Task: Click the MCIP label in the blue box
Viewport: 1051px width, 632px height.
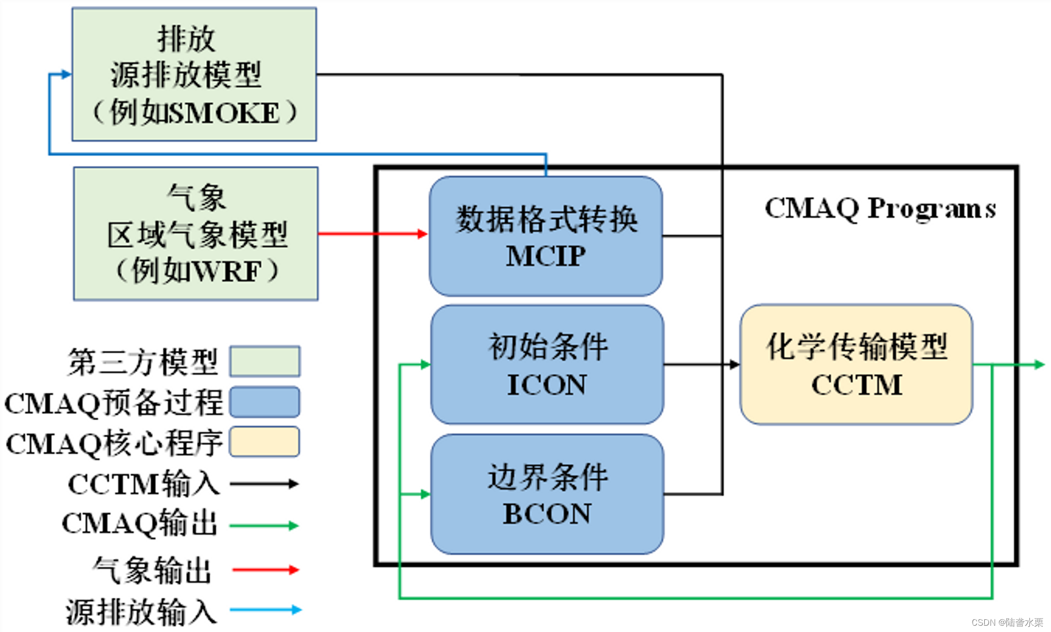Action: (x=545, y=257)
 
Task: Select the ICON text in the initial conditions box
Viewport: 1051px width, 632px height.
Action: (x=547, y=385)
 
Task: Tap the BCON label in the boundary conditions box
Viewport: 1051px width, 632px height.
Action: (x=547, y=514)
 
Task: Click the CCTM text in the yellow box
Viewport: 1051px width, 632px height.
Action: (x=857, y=385)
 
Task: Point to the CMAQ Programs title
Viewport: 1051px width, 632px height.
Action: (x=880, y=208)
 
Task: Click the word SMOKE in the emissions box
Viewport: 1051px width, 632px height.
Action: (x=225, y=113)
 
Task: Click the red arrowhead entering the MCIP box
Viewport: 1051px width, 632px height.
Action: (x=423, y=234)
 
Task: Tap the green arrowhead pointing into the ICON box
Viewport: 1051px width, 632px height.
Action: (x=425, y=364)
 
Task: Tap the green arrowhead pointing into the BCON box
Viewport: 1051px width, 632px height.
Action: (x=425, y=494)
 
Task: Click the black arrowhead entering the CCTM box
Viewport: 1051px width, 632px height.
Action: (x=734, y=364)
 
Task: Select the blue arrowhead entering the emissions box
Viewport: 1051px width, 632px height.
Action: (x=66, y=74)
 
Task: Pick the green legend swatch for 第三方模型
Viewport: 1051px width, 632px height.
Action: (x=265, y=361)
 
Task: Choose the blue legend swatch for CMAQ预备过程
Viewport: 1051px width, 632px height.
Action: (x=265, y=402)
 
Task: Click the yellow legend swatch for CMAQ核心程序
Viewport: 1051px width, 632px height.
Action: (x=265, y=442)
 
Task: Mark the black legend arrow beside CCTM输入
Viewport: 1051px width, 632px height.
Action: (x=264, y=484)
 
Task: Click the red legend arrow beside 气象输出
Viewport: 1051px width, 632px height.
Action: (x=265, y=569)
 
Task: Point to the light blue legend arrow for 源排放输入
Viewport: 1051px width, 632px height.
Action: (x=266, y=610)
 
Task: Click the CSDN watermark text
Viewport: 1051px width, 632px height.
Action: (x=1007, y=623)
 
